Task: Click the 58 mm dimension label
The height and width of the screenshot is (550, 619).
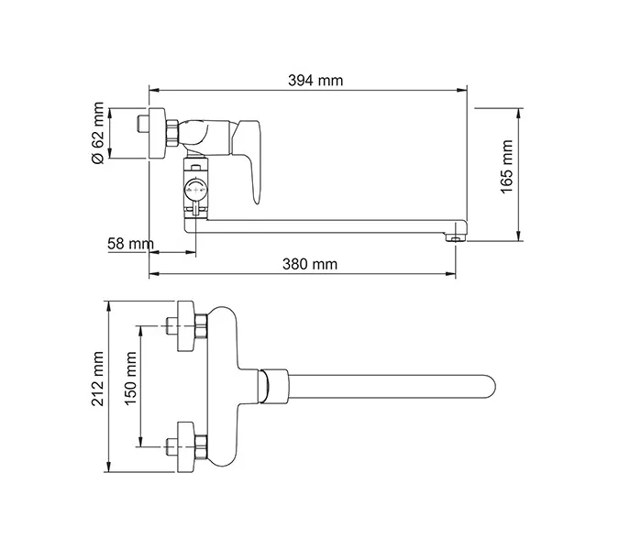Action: pos(129,244)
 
